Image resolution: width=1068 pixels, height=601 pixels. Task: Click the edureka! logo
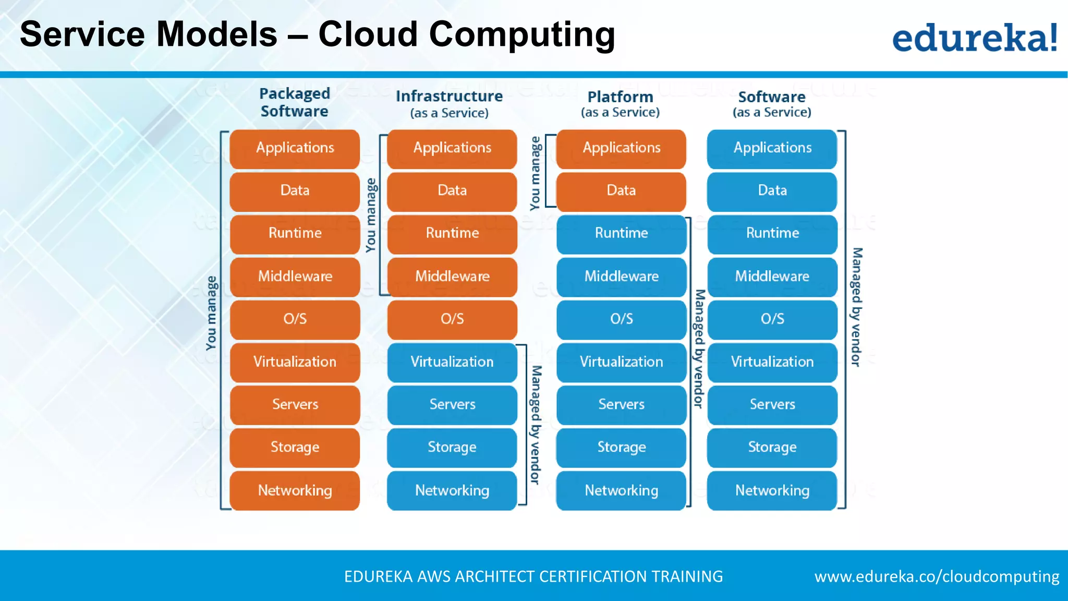click(974, 38)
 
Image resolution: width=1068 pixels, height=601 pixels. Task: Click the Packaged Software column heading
click(295, 102)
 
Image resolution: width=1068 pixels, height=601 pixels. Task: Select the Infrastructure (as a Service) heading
click(449, 103)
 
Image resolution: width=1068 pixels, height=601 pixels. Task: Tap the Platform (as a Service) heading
click(620, 103)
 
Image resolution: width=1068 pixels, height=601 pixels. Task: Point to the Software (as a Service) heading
click(772, 103)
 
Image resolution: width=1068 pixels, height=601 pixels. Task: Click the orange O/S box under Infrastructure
click(452, 319)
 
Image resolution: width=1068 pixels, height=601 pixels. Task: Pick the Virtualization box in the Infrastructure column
click(452, 362)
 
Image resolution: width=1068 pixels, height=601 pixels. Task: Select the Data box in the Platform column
click(621, 190)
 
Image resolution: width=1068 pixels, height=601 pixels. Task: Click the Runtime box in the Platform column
click(621, 233)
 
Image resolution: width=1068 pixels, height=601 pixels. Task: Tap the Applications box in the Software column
click(772, 148)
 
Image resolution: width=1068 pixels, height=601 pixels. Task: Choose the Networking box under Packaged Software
click(295, 490)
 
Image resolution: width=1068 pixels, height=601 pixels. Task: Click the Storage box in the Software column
click(772, 447)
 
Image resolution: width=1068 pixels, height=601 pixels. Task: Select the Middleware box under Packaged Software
click(295, 276)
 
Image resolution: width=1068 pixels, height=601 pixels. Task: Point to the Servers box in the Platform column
click(621, 404)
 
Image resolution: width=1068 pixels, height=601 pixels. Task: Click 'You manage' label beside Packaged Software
click(211, 313)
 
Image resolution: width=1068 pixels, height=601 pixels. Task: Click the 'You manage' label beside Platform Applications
click(535, 173)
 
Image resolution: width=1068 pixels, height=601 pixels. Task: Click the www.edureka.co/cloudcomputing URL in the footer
click(937, 576)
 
